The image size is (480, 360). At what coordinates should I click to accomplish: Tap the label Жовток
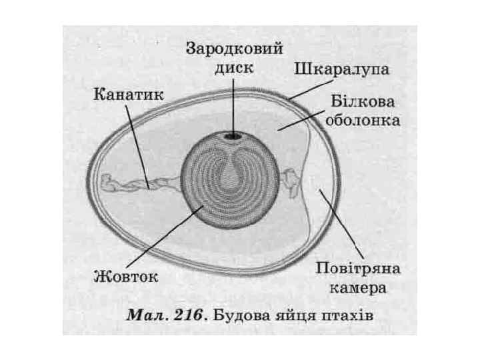pos(126,275)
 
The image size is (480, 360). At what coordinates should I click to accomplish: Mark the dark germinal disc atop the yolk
pos(233,136)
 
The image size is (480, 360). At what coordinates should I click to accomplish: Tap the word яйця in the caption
pos(298,315)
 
